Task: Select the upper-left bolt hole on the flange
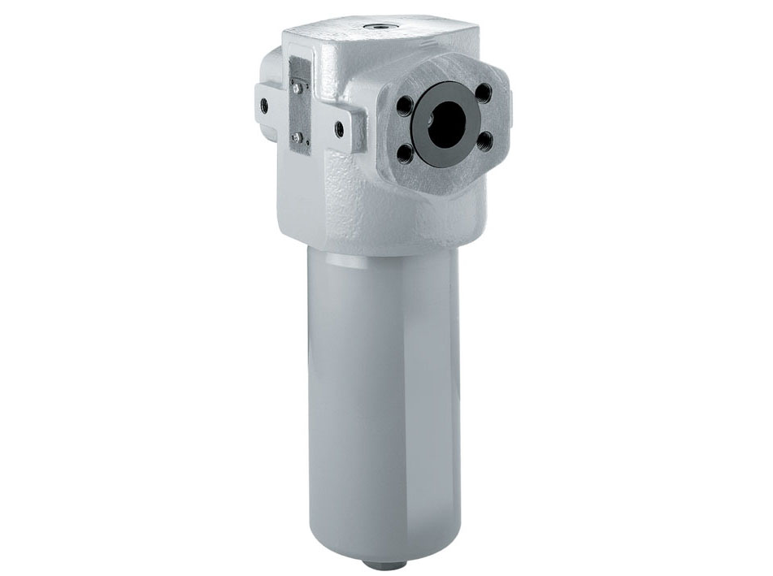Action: [x=404, y=105]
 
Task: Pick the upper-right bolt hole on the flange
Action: [x=483, y=93]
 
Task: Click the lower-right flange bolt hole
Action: [x=486, y=142]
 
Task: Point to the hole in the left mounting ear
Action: [x=263, y=104]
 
